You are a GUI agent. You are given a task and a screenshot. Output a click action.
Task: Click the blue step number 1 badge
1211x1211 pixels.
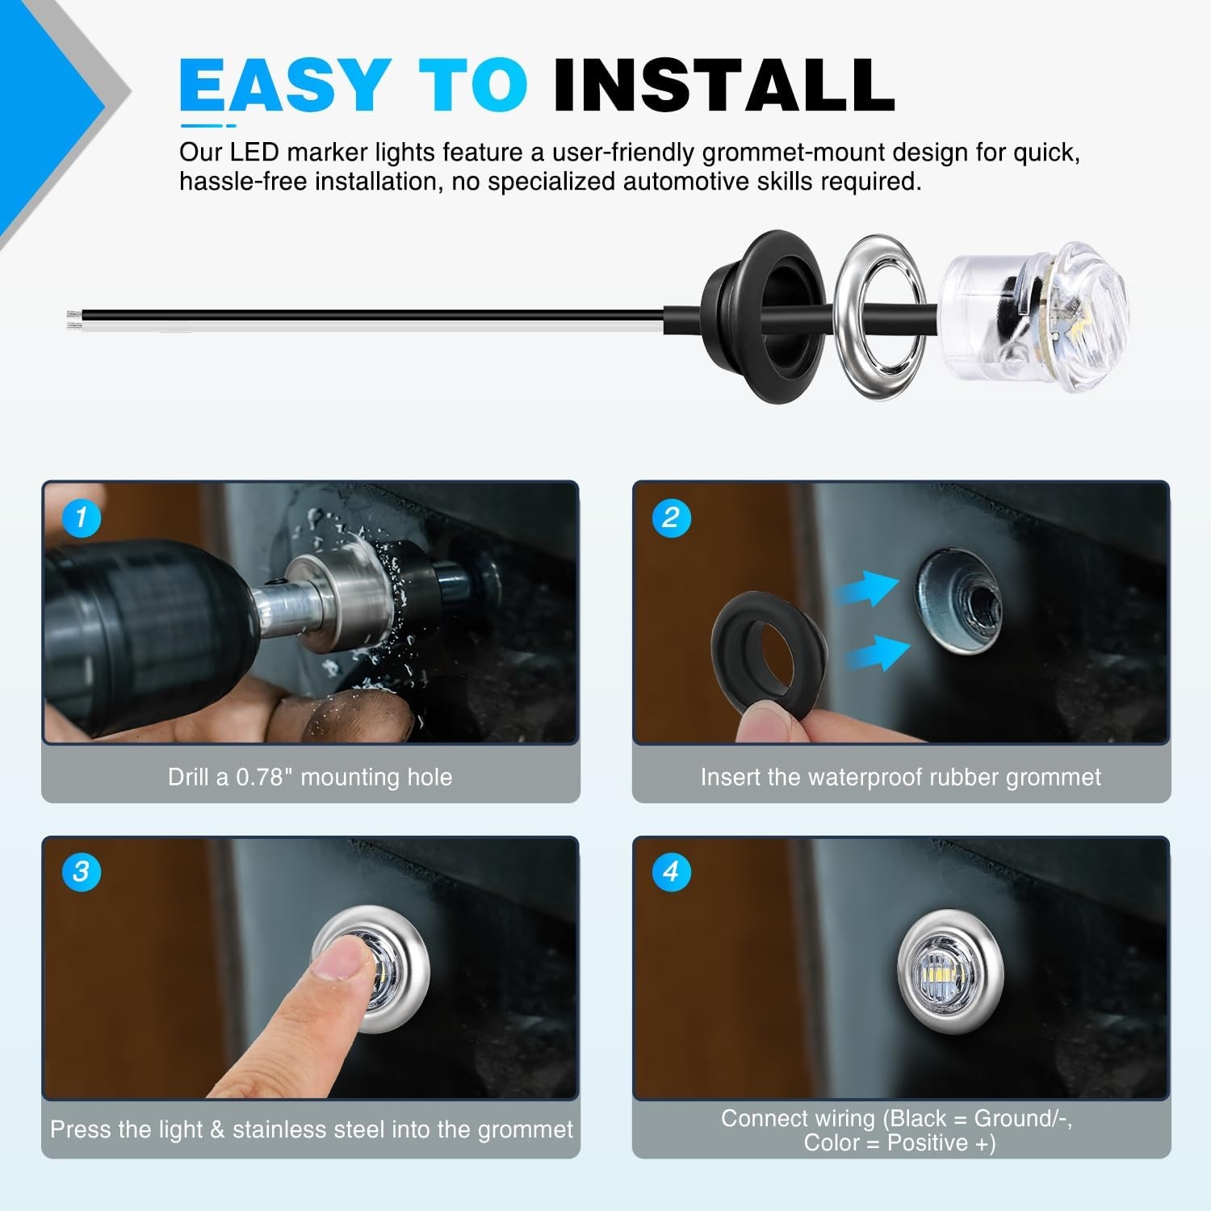[x=81, y=518]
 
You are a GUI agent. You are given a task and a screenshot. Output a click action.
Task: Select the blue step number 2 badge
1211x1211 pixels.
[x=672, y=518]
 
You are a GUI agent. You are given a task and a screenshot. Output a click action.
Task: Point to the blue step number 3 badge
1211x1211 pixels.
[x=81, y=872]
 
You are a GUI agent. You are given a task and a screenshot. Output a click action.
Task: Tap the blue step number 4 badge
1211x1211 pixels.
[x=672, y=872]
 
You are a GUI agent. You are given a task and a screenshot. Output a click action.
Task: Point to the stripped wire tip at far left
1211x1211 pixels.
[x=73, y=319]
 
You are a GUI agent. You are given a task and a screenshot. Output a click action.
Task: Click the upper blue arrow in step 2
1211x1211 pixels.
[x=869, y=589]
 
